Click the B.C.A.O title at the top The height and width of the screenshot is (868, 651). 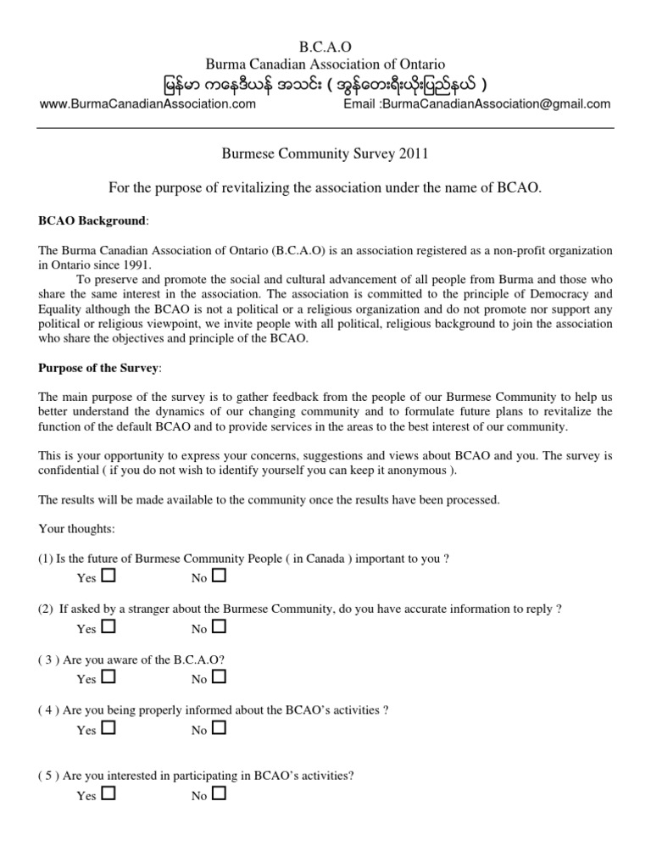click(325, 47)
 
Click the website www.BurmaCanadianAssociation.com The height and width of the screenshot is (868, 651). click(147, 104)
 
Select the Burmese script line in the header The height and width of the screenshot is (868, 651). click(325, 85)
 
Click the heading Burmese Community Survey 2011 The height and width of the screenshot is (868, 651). click(325, 153)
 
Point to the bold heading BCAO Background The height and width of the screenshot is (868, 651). click(92, 221)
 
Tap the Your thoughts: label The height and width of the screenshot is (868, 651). click(75, 528)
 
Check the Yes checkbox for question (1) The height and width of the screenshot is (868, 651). click(108, 576)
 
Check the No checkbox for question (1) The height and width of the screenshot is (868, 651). click(220, 576)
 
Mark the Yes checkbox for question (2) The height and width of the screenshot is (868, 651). click(108, 627)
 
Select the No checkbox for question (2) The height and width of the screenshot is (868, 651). click(220, 627)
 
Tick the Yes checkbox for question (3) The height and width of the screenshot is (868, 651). click(108, 677)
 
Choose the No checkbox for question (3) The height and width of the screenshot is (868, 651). click(220, 677)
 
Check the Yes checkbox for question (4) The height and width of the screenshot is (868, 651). click(108, 728)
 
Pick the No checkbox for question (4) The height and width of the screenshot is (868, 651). click(220, 728)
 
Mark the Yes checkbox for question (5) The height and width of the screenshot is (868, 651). click(108, 794)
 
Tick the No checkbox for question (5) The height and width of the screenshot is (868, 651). click(220, 794)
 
